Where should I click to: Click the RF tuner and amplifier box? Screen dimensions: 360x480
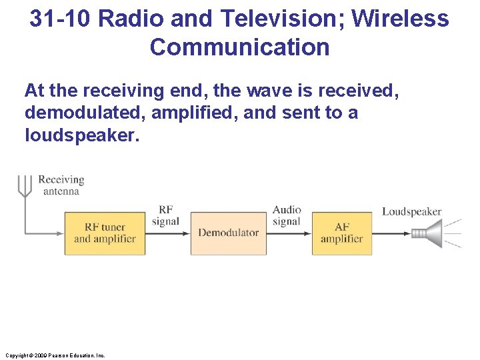click(105, 233)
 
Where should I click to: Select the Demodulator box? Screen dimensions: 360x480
click(228, 233)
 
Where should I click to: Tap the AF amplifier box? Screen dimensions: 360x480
click(341, 233)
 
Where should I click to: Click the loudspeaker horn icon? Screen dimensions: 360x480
click(427, 233)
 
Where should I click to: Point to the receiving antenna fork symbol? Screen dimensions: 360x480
click(24, 185)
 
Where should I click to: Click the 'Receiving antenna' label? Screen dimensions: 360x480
click(61, 185)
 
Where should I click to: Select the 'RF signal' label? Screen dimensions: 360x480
click(165, 215)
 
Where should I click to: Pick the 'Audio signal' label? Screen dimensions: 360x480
click(287, 215)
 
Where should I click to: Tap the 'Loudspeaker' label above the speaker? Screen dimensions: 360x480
click(411, 212)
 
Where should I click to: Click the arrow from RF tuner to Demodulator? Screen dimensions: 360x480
click(168, 233)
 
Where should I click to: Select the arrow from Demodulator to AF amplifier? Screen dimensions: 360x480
click(289, 233)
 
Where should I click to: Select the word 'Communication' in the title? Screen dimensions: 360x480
click(239, 47)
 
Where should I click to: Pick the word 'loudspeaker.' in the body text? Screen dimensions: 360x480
click(80, 135)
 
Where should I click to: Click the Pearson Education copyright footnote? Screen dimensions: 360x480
click(54, 355)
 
